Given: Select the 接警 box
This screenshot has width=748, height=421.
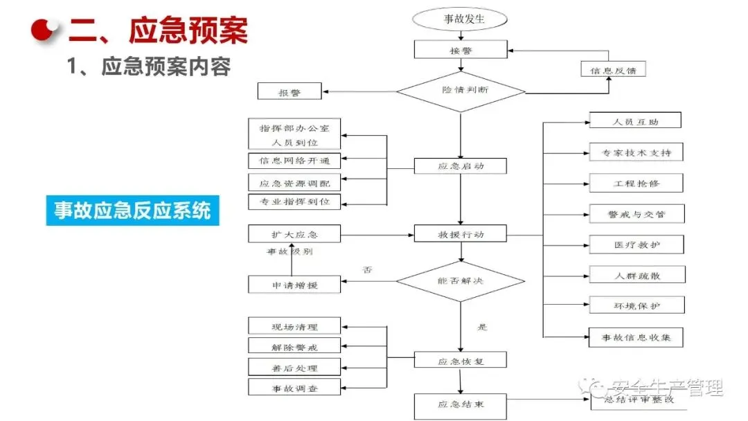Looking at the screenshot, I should click(x=461, y=50).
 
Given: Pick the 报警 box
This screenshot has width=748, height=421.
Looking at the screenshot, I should click(x=290, y=91).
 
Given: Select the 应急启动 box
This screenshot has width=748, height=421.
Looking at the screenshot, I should click(x=461, y=166).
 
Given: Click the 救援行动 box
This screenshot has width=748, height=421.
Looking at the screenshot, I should click(x=461, y=234).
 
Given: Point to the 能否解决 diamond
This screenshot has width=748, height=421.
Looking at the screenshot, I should click(x=461, y=281).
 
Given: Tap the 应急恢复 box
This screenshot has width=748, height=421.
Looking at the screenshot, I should click(x=461, y=360).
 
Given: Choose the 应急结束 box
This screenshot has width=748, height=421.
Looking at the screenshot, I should click(x=461, y=404).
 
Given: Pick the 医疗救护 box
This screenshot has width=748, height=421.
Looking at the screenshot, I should click(x=635, y=244).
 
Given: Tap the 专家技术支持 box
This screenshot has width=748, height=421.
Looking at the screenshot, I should click(x=635, y=152).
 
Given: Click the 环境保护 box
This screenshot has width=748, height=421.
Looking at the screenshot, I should click(x=635, y=305).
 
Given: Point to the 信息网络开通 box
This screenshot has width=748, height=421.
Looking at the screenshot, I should click(x=295, y=161).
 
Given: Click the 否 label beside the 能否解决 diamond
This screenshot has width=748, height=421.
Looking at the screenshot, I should click(x=367, y=269).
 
